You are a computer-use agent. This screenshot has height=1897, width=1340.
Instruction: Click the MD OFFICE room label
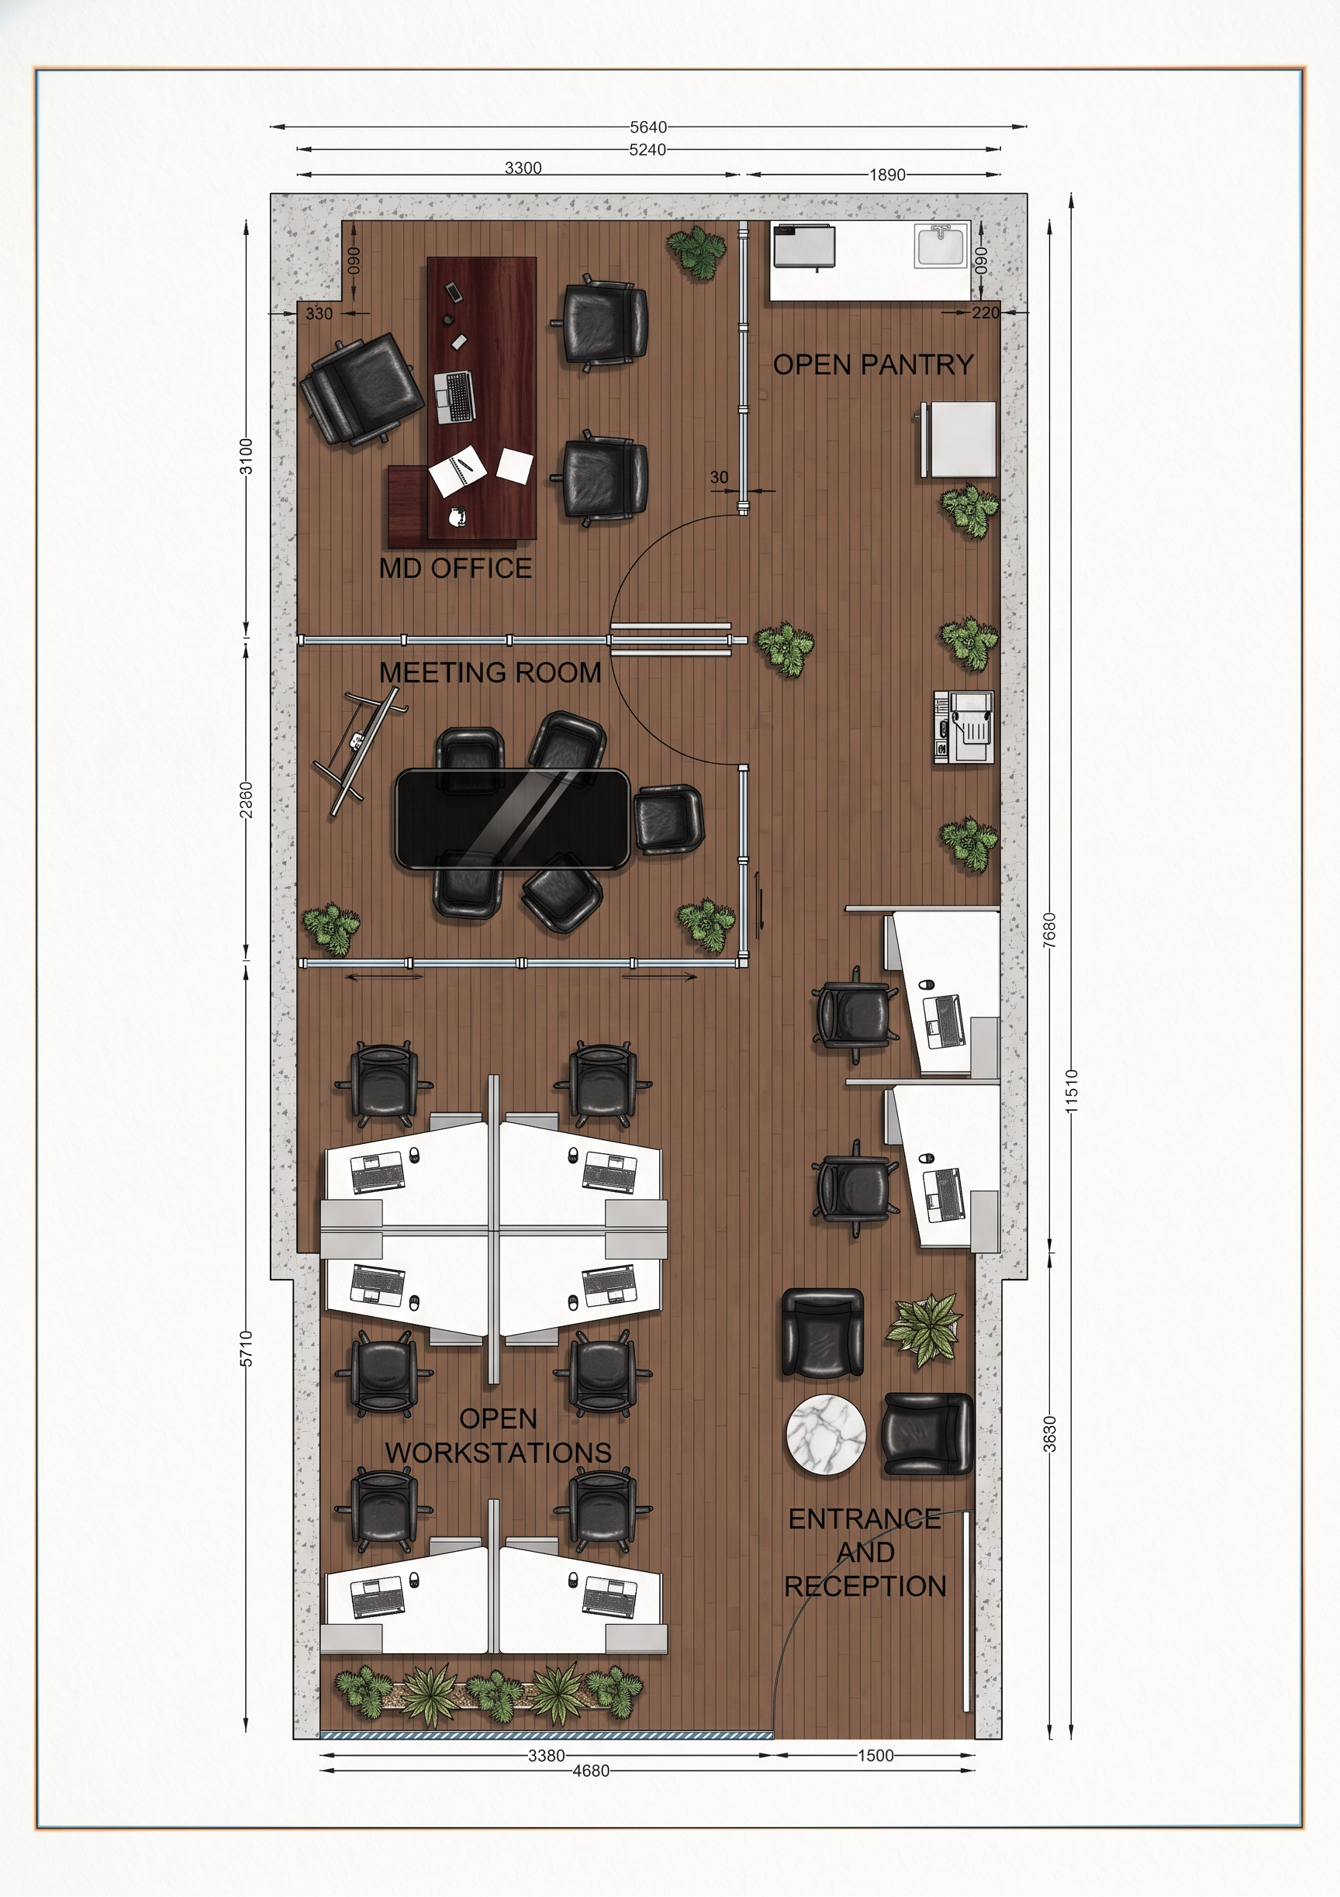(x=455, y=568)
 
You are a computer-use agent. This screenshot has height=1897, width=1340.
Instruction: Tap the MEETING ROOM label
(x=490, y=672)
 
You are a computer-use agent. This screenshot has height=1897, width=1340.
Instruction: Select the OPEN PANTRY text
(x=873, y=365)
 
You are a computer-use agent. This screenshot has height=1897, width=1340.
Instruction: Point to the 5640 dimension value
(x=648, y=127)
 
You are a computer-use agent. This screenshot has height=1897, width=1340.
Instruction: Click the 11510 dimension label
(x=1072, y=1090)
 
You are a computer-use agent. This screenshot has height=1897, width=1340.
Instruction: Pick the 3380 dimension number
(x=547, y=1756)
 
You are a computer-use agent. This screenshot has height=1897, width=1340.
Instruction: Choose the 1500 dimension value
(x=875, y=1756)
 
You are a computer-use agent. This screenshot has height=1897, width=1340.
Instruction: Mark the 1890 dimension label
(x=887, y=174)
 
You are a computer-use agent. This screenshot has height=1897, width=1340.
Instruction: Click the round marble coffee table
(x=825, y=1435)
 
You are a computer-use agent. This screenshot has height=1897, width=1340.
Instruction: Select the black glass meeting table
(x=513, y=819)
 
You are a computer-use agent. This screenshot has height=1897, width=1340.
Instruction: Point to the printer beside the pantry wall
(x=963, y=727)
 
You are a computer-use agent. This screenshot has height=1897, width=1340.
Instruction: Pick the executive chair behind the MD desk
(x=359, y=389)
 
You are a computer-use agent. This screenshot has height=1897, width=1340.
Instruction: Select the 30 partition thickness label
(x=720, y=477)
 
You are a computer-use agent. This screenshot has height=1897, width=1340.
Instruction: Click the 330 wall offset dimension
(x=319, y=314)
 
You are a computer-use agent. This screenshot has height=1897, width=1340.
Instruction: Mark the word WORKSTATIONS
(x=498, y=1453)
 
